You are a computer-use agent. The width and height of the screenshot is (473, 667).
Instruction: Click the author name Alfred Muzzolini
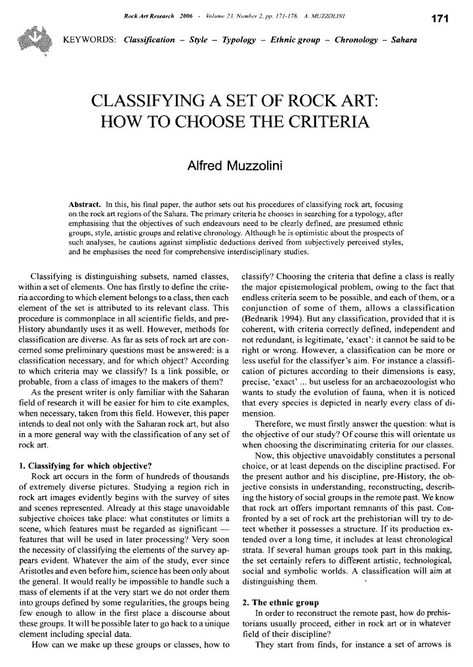[236, 160]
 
